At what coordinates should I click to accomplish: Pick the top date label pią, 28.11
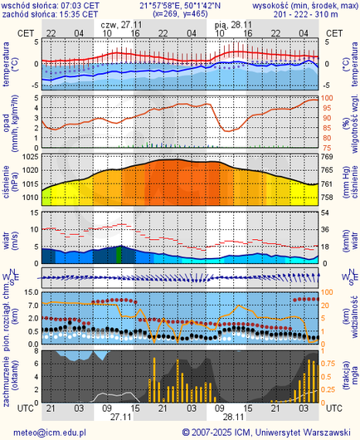point(231,25)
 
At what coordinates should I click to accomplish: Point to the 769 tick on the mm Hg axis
point(327,157)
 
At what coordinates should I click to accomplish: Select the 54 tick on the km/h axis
point(327,213)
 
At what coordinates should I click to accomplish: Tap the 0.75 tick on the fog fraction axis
point(329,362)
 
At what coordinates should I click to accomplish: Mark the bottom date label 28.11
point(232,418)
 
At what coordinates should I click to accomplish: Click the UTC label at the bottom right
point(334,408)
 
